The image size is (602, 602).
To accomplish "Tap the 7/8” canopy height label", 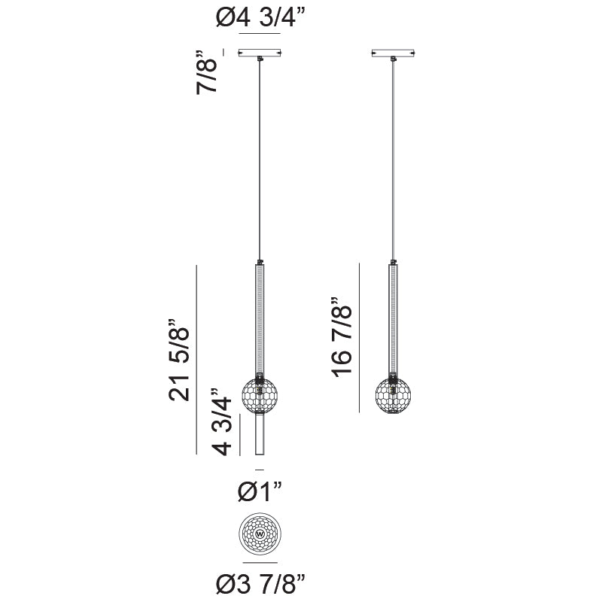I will [208, 72].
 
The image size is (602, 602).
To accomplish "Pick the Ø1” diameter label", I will [260, 492].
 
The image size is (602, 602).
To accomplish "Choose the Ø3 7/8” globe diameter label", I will [260, 582].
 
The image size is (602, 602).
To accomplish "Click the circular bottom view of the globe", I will [260, 535].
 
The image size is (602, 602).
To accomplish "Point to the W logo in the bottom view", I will [260, 535].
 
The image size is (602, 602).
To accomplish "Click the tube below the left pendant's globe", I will [260, 435].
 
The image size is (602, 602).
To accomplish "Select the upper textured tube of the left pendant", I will [260, 316].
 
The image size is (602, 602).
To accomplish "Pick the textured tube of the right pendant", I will [394, 316].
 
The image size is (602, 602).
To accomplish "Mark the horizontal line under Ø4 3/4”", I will [259, 35].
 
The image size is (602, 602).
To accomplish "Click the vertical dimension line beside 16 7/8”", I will [360, 339].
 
